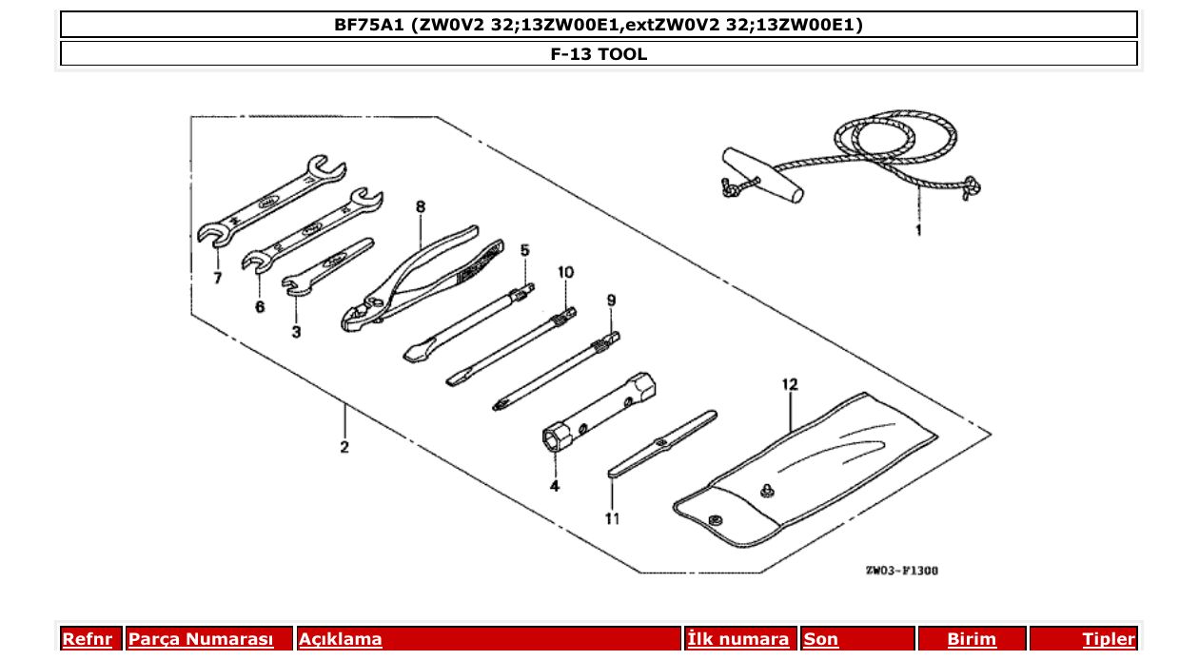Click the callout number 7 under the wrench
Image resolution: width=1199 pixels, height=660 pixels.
[217, 278]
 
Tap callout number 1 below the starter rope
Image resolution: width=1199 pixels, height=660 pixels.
[918, 230]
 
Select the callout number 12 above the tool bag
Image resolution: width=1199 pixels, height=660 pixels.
[790, 384]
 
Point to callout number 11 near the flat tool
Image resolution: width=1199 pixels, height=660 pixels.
[612, 518]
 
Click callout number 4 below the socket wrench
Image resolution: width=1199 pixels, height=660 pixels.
[554, 486]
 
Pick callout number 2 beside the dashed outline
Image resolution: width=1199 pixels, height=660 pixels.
[344, 447]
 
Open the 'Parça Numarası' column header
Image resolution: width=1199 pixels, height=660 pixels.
[201, 639]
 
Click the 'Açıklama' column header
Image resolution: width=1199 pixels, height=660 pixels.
[341, 639]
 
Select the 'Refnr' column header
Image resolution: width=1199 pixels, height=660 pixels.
[87, 639]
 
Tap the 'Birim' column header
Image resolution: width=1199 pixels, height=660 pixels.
[972, 639]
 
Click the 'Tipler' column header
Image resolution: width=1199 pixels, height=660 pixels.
[1109, 639]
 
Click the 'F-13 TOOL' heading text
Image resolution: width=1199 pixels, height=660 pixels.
[599, 54]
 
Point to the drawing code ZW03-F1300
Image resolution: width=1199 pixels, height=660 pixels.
[901, 571]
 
